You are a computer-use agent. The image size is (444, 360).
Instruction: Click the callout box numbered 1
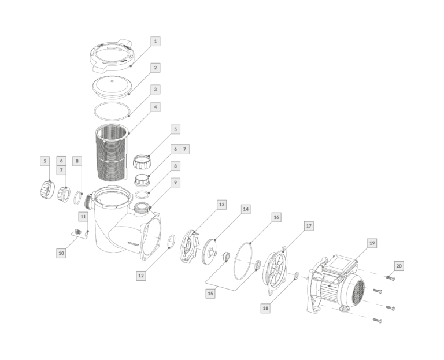(155, 42)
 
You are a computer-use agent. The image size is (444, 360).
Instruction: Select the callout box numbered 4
(155, 107)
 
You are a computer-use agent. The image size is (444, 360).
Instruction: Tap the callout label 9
(175, 183)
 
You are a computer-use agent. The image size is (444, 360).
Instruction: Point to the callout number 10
(61, 253)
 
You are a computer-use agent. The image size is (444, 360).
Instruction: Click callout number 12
(141, 276)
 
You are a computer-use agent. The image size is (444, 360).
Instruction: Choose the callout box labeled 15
(210, 293)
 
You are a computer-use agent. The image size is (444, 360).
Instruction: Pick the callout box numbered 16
(276, 217)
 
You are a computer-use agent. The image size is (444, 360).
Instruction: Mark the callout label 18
(265, 308)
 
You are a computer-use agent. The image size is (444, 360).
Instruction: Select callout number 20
(399, 266)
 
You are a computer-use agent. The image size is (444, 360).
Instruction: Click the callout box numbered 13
(222, 205)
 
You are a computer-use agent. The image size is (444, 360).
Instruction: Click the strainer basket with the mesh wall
(112, 153)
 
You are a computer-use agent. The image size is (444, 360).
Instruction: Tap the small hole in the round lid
(112, 81)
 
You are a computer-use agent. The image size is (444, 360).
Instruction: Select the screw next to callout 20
(390, 279)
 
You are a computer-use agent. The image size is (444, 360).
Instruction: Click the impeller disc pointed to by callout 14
(209, 252)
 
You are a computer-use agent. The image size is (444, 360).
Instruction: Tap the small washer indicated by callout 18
(297, 275)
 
